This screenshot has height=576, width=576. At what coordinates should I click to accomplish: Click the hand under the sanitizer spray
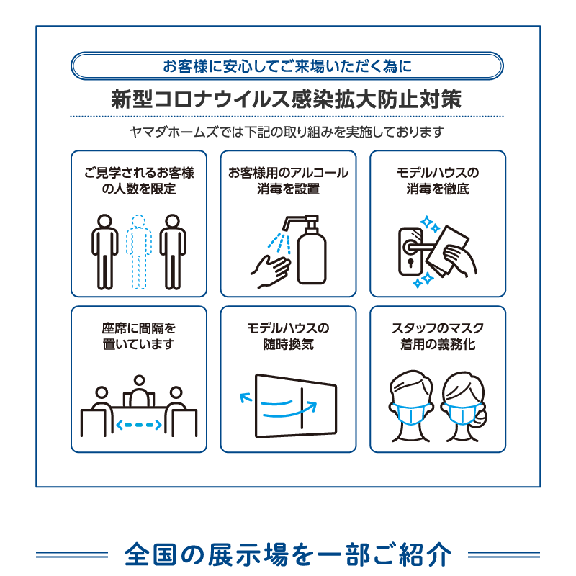[271, 271]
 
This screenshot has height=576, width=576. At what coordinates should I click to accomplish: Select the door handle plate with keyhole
[410, 251]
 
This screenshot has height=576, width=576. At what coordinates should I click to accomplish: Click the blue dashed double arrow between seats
[139, 425]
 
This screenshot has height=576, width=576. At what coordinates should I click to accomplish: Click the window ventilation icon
[289, 406]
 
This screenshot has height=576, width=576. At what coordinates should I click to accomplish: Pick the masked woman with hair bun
[464, 406]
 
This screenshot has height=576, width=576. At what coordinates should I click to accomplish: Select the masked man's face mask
[410, 413]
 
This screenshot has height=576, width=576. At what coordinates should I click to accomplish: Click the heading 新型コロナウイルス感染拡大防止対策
[286, 99]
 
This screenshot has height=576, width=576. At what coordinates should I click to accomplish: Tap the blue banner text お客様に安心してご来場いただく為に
[287, 66]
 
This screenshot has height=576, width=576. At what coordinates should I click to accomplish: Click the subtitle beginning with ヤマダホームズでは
[287, 132]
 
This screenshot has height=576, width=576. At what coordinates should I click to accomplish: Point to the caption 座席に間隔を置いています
[139, 336]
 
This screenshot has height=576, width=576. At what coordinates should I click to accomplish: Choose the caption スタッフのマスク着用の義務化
[438, 336]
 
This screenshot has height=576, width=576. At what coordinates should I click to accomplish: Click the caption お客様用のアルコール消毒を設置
[289, 181]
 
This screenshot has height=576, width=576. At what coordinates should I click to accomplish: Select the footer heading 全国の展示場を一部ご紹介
[288, 554]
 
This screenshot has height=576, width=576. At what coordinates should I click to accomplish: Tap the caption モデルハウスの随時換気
[289, 336]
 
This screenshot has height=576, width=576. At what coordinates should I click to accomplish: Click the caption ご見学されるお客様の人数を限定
[139, 181]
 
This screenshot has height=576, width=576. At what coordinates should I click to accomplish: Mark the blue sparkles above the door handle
[430, 224]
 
